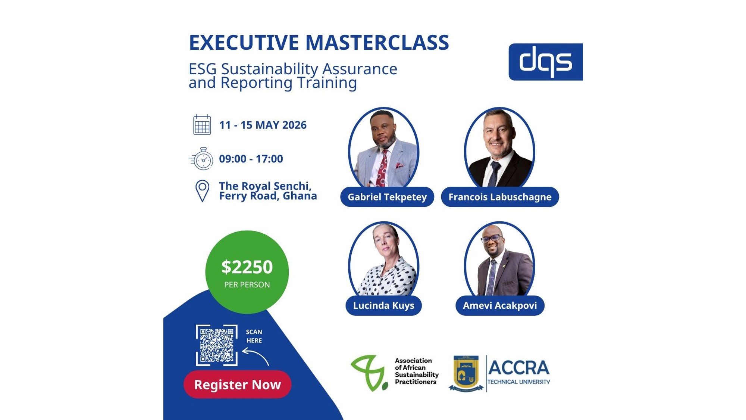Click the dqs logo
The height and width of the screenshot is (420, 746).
point(545,62)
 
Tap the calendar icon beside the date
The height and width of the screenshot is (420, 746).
point(202,125)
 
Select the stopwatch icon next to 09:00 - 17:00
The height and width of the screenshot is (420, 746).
point(201,159)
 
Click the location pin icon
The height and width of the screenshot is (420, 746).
point(202,191)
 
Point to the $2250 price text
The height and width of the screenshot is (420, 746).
point(247,267)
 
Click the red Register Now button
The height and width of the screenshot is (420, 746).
point(238,384)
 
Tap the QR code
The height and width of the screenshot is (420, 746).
point(217,345)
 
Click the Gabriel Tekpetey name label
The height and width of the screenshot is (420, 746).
point(387,197)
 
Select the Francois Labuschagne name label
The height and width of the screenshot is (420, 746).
point(500,197)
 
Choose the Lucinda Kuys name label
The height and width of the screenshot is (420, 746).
point(383,305)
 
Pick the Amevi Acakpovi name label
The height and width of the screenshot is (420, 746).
point(500,305)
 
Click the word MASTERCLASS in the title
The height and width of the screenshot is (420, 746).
point(377,42)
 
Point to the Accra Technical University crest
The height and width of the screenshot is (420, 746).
point(466,373)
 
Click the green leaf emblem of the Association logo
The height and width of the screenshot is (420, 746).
point(369,373)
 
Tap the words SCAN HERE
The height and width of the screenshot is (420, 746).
point(254,336)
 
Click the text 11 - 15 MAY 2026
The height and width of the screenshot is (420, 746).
point(263,125)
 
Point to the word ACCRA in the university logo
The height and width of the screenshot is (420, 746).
point(518,368)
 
